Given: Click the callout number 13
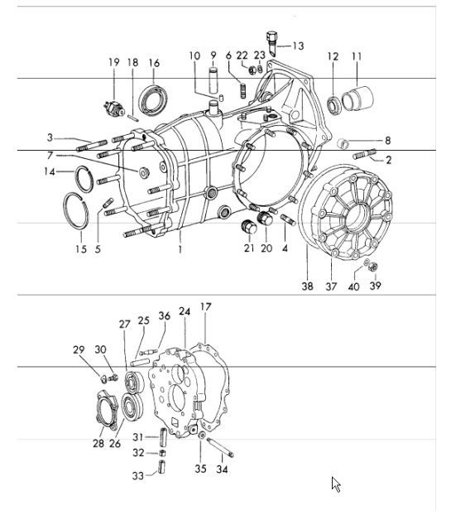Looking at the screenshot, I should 297,46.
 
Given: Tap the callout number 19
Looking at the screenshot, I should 114,62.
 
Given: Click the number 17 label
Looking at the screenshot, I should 205,307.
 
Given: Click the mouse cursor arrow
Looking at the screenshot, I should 336,484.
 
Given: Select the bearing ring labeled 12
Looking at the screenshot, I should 333,104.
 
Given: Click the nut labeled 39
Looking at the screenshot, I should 374,267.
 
